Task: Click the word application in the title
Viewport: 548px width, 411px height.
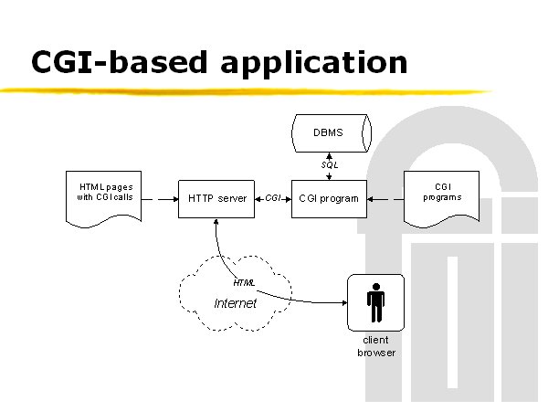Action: tap(314, 63)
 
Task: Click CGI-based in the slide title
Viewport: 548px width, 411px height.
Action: tap(120, 62)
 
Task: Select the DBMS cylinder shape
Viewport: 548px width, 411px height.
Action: tap(332, 133)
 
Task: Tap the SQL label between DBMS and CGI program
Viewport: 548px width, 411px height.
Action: tap(330, 164)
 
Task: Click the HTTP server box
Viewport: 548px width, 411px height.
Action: tap(216, 199)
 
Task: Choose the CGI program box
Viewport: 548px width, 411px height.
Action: tap(329, 199)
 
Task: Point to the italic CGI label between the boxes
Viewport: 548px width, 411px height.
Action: tap(272, 198)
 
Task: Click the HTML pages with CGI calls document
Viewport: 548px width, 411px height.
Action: tap(103, 198)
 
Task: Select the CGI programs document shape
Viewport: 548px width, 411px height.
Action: tap(441, 198)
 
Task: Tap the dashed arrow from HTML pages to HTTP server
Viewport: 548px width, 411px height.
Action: tap(160, 199)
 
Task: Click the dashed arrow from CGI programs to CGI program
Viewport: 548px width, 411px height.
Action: tap(385, 199)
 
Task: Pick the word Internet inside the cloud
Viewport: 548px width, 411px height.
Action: tap(236, 303)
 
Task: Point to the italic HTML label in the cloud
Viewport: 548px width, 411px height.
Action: tap(244, 283)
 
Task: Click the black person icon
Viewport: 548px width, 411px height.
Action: tap(375, 302)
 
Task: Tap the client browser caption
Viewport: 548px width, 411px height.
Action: tap(376, 346)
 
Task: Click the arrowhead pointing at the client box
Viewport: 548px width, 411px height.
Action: tap(344, 302)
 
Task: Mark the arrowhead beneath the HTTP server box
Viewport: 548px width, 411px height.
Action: tap(216, 221)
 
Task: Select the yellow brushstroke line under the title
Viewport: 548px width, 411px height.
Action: tap(246, 91)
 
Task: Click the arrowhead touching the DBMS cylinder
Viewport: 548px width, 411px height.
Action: tap(329, 155)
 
